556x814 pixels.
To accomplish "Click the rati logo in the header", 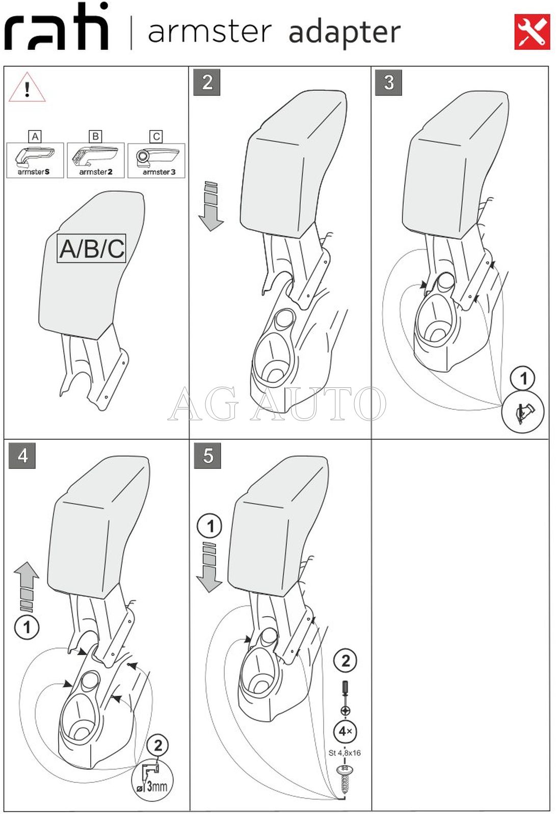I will (56, 28).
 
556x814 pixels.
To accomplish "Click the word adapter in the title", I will (345, 33).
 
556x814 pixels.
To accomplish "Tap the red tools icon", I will (532, 32).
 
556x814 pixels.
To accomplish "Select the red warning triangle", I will (27, 88).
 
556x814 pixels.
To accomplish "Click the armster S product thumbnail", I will (35, 160).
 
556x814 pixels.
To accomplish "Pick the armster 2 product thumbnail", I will (96, 160).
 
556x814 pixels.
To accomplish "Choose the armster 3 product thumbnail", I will (156, 160).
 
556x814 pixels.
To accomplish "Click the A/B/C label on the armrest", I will (92, 249).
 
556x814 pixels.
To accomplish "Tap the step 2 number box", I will (206, 83).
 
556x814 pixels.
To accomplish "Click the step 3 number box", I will (388, 83).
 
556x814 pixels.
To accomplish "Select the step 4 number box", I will (22, 455).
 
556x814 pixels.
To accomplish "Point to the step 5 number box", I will (207, 455).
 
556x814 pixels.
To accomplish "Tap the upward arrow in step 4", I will (27, 586).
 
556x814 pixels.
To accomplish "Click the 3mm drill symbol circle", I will (152, 780).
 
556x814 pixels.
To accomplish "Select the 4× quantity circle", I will (345, 731).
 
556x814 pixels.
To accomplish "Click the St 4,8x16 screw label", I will (345, 753).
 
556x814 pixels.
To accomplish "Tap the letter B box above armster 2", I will (95, 136).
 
